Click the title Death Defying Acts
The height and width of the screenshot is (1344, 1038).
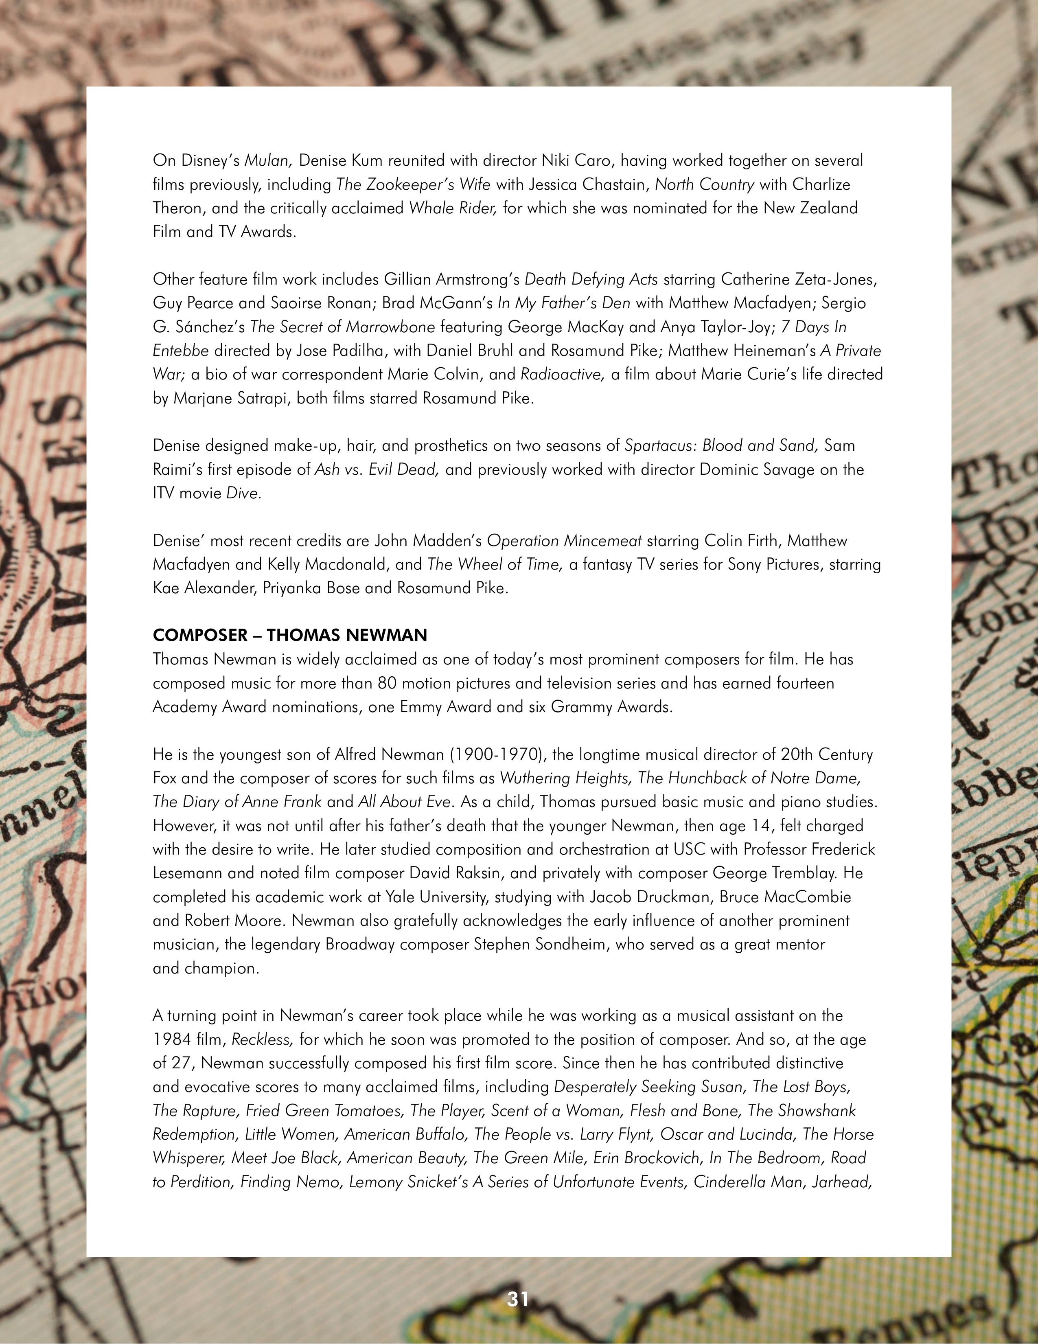coord(591,279)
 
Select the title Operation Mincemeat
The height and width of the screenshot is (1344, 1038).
coord(564,540)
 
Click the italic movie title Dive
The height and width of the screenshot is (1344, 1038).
coord(242,493)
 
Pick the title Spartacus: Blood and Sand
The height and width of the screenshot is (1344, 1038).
coord(721,445)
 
